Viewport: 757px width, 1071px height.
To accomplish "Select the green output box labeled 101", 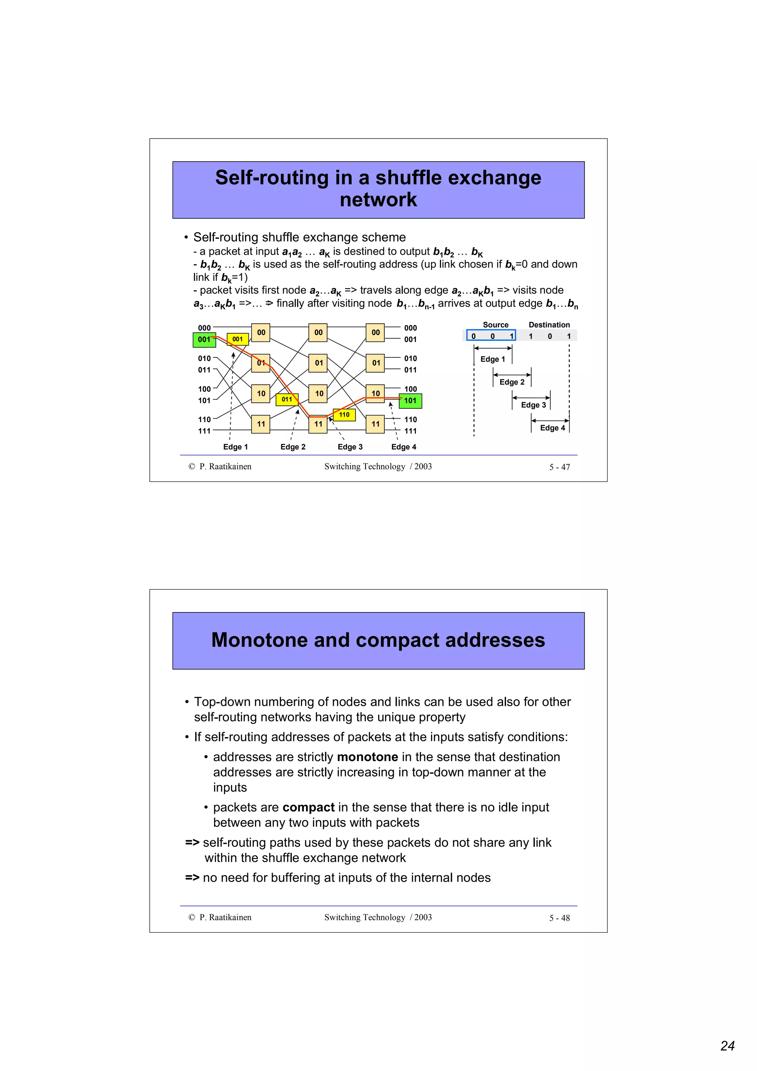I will pos(410,401).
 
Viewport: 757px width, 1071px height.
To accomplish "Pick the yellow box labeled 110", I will pos(344,415).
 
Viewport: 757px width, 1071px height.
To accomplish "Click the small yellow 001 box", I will pos(237,339).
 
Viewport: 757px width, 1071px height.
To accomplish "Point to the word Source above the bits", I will pos(495,324).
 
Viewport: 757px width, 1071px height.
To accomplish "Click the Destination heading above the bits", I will pos(549,324).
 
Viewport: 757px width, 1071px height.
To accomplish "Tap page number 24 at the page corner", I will pos(727,1045).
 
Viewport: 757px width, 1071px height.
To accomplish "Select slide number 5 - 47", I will pos(559,467).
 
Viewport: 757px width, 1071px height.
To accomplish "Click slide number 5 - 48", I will pos(559,918).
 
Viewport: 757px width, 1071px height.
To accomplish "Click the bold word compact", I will pos(308,807).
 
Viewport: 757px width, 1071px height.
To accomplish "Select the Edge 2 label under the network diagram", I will pos(293,447).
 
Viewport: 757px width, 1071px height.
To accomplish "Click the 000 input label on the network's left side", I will pos(204,328).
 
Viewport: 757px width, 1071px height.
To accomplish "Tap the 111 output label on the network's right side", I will pos(410,431).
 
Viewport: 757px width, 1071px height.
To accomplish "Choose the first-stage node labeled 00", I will pos(261,333).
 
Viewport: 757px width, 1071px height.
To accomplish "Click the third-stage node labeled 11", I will pos(376,424).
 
